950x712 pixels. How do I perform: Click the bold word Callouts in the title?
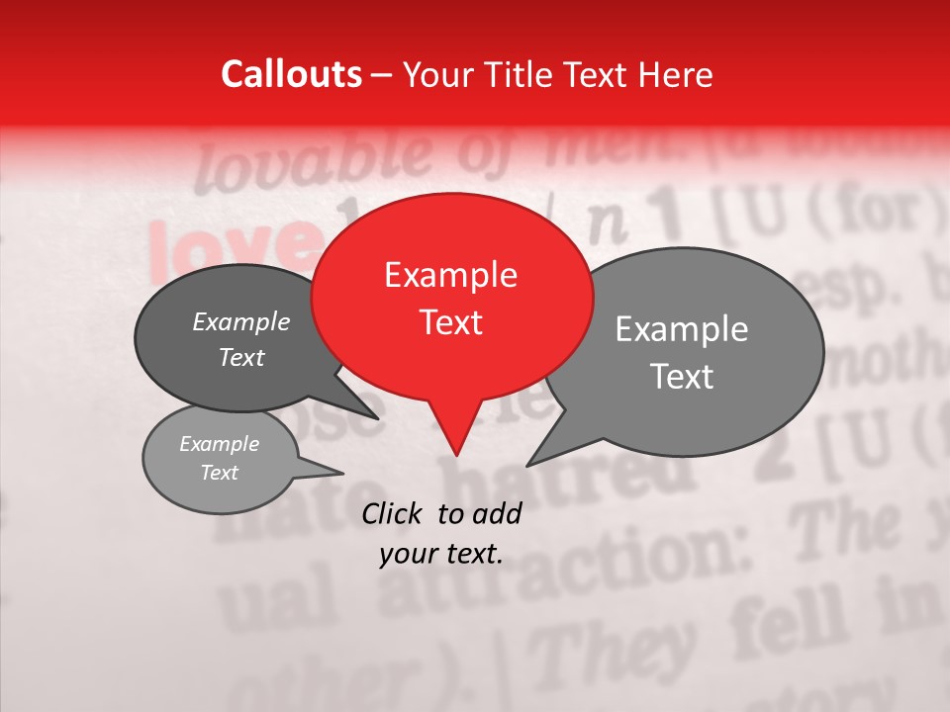(x=291, y=74)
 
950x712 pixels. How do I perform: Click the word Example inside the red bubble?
(x=450, y=275)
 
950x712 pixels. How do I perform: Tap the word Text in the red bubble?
(x=450, y=322)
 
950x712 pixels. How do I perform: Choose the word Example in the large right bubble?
(x=682, y=329)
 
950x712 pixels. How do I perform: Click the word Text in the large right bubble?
(x=682, y=377)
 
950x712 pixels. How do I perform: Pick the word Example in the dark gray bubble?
(x=240, y=322)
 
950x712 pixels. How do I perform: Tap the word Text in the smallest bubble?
(x=219, y=473)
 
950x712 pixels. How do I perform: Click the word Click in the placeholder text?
(x=394, y=514)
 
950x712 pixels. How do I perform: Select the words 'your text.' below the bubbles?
(x=440, y=555)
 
